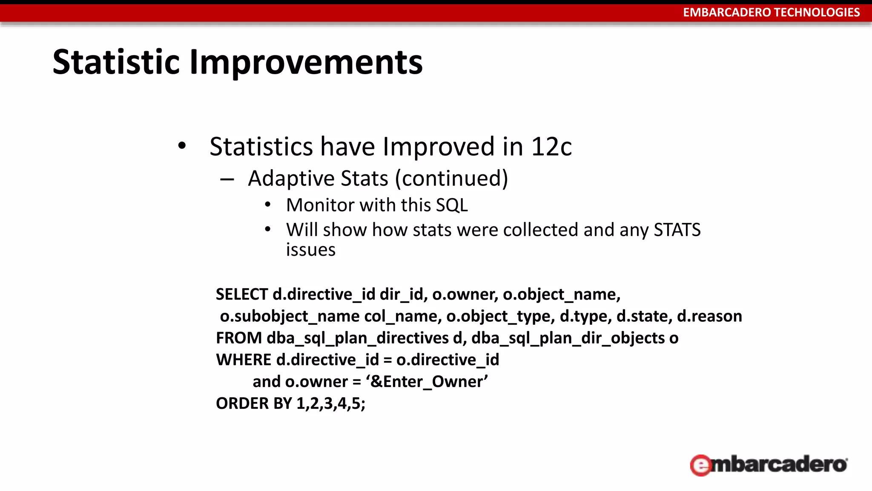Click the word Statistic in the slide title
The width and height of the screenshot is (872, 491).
point(116,62)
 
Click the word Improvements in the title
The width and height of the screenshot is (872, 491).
point(306,62)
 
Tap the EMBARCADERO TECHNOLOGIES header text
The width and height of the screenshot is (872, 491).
point(771,12)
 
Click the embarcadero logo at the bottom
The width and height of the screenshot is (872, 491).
point(769,465)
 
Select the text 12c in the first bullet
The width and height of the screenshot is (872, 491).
point(551,147)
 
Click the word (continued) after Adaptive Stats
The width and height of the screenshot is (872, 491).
point(451,178)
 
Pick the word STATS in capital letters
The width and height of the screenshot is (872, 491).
point(677,230)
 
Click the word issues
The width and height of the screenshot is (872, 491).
point(311,250)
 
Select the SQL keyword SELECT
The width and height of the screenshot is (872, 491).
point(241,295)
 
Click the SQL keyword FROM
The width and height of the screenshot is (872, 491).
point(239,338)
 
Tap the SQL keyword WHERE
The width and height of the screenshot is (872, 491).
point(244,360)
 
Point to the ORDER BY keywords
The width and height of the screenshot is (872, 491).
point(254,403)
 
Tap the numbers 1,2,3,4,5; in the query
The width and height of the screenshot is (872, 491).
point(330,403)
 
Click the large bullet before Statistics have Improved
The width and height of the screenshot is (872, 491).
point(182,146)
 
